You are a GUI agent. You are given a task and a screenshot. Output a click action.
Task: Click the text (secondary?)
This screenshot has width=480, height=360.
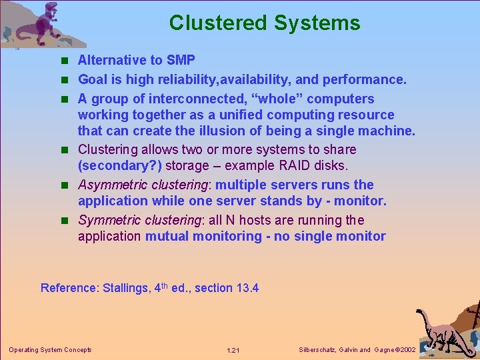click(120, 165)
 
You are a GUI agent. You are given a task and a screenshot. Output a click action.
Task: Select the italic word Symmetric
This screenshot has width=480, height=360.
click(108, 220)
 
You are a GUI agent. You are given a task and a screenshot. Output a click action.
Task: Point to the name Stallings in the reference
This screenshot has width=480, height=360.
click(125, 288)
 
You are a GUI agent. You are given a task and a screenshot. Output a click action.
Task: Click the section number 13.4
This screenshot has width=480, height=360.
click(247, 288)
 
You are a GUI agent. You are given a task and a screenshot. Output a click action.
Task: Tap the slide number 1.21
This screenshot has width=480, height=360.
click(233, 350)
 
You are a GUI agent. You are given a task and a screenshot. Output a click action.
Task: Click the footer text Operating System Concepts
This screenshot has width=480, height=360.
click(50, 349)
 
